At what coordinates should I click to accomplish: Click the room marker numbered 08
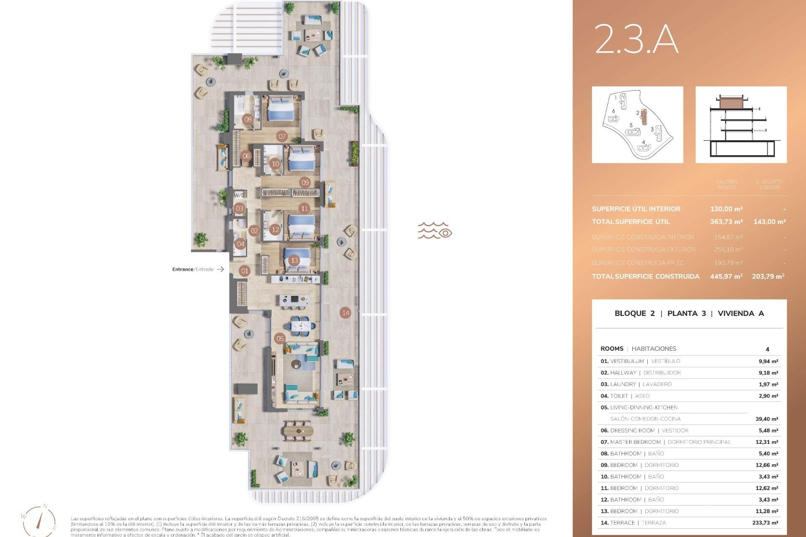click(x=248, y=119)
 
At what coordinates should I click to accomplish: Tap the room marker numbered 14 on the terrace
click(x=345, y=313)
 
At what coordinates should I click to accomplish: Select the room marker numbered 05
click(x=280, y=339)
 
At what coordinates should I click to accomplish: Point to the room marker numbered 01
click(x=245, y=271)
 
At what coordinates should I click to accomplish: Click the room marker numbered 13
click(x=294, y=261)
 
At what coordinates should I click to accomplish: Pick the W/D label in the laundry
click(x=239, y=195)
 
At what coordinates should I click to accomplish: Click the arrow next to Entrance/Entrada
click(x=221, y=269)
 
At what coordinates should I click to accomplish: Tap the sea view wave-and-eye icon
click(x=434, y=230)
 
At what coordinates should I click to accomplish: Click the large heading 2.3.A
click(x=636, y=39)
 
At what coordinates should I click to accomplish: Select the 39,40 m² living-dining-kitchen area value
click(x=767, y=419)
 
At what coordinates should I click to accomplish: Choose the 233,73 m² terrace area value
click(x=765, y=523)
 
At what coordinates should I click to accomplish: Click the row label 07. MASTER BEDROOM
click(x=631, y=442)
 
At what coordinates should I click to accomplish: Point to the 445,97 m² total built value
click(x=726, y=276)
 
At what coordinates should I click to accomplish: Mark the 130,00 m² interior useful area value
click(x=726, y=209)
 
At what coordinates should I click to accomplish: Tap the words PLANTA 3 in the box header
click(x=686, y=313)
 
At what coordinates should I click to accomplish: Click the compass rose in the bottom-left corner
click(x=39, y=520)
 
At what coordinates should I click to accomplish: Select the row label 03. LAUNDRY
click(x=619, y=384)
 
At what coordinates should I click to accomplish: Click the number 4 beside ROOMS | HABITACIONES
click(x=767, y=349)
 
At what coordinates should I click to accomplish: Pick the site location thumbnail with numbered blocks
click(x=637, y=125)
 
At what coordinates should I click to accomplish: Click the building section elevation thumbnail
click(x=741, y=125)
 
